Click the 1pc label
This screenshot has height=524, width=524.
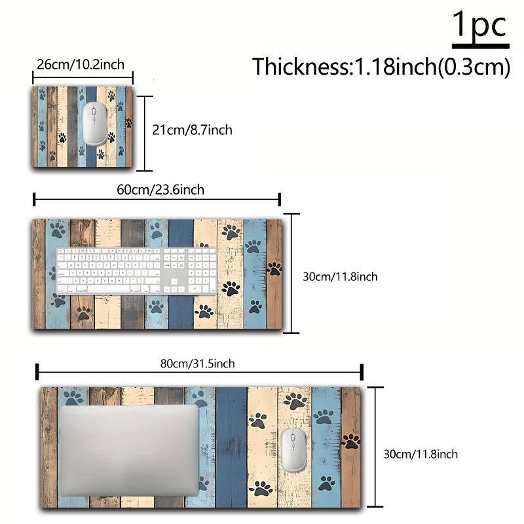point(481,24)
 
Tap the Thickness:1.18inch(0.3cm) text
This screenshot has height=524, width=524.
point(381,67)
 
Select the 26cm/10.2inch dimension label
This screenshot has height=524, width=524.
point(81,64)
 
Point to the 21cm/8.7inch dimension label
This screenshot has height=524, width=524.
point(192,130)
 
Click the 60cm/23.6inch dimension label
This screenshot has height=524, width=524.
point(160,190)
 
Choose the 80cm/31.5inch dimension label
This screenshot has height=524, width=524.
point(198,364)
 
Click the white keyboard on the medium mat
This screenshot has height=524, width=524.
point(136,271)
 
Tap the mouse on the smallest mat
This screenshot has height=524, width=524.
point(95,124)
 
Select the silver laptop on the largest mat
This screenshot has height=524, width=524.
point(129,451)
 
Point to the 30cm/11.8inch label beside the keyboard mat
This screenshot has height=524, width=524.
point(340,276)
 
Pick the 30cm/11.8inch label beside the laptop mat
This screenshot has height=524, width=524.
point(421,454)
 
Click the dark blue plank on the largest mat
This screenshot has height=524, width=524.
point(231,447)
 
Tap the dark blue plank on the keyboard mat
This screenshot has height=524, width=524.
point(181,274)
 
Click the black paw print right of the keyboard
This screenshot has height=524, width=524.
point(231,288)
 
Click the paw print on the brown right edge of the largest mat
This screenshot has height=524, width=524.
point(351,441)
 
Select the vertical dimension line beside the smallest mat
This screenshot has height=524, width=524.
point(145,134)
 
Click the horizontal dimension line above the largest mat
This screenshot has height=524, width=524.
point(200,372)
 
